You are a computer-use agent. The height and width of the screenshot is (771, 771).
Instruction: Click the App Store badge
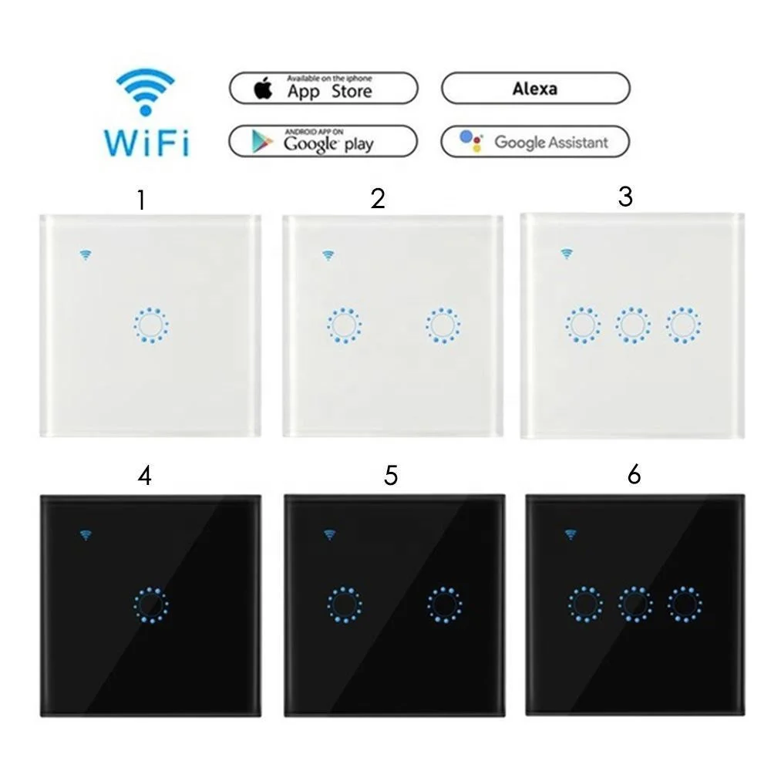[323, 89]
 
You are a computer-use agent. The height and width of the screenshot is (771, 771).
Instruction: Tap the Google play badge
[323, 142]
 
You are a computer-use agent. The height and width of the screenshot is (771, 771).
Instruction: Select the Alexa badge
[535, 89]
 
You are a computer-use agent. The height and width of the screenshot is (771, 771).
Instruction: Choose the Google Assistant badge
[535, 142]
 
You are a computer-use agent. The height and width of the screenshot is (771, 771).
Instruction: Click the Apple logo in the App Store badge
[264, 89]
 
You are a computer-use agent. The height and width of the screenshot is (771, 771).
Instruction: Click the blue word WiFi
[146, 143]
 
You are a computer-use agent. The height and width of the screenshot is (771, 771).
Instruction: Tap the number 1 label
[140, 200]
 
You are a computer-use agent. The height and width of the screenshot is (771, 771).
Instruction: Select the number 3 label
[625, 197]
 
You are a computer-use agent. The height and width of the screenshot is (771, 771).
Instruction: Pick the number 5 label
[391, 476]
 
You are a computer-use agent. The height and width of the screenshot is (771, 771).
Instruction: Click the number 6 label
[634, 475]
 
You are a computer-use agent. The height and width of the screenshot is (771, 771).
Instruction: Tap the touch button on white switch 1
[150, 325]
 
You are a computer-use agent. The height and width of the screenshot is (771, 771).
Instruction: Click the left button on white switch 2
[343, 325]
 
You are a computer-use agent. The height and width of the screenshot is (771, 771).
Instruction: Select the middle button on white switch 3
[632, 325]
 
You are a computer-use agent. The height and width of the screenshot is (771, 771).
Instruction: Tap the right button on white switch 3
[683, 325]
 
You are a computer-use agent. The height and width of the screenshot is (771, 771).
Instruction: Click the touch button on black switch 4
[150, 605]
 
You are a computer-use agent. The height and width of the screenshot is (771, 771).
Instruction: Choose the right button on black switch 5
[444, 604]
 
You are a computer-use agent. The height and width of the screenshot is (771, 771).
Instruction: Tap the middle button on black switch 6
[635, 604]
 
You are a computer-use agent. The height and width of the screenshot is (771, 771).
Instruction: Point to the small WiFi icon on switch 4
[86, 534]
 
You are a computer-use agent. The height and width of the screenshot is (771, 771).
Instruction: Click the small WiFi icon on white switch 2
[328, 255]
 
